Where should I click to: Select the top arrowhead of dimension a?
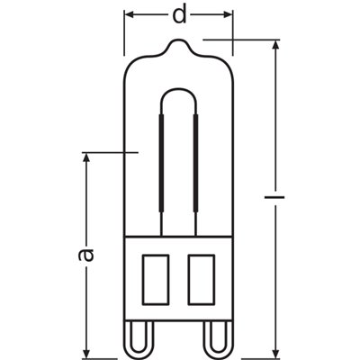(87, 158)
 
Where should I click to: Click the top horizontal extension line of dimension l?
(238, 39)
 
